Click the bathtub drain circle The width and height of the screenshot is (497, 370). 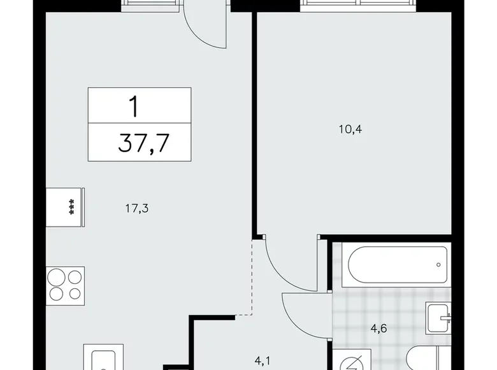pyautogui.click(x=438, y=263)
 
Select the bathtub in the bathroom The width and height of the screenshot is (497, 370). pyautogui.click(x=396, y=264)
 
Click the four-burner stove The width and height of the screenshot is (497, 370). pyautogui.click(x=64, y=285)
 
